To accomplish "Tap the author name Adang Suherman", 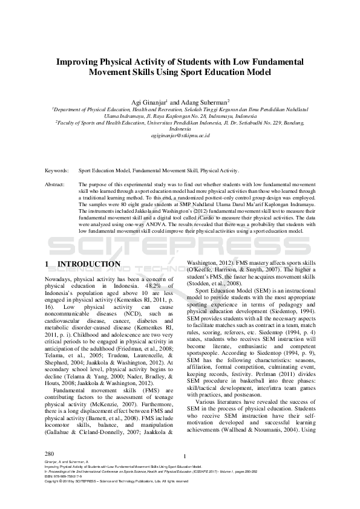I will (x=202, y=102).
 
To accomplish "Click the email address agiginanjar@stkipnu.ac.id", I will (x=180, y=136).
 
